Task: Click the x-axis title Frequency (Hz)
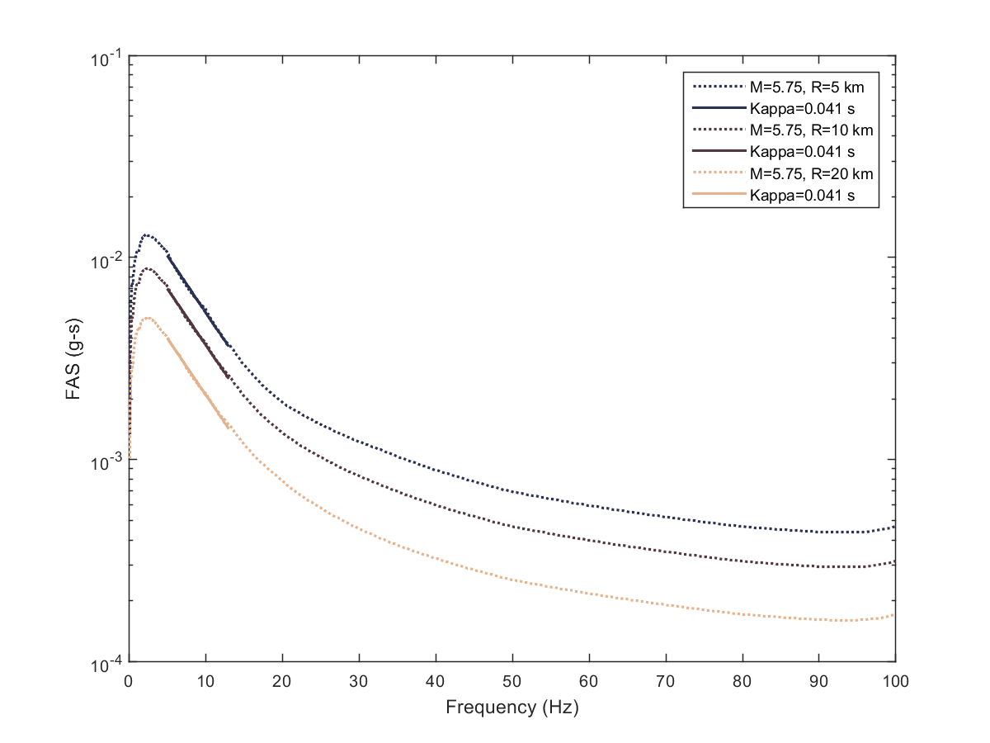click(x=511, y=708)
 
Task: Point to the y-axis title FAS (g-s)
click(x=72, y=361)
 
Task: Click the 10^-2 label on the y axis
click(x=105, y=258)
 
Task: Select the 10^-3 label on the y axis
click(x=105, y=461)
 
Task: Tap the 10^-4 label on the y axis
click(x=105, y=663)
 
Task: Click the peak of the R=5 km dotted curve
click(x=146, y=234)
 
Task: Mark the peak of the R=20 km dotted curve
click(x=148, y=318)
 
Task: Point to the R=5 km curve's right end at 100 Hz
click(x=894, y=527)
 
